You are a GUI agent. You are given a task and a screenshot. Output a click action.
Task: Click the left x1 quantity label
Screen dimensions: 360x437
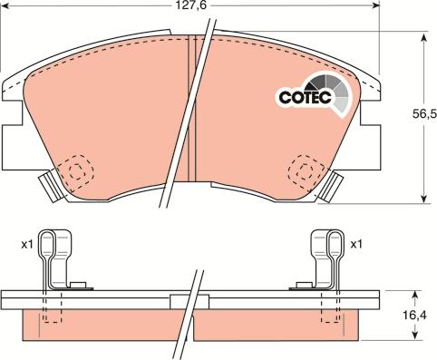point(27,243)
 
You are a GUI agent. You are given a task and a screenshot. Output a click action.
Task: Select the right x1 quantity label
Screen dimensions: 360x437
point(356,243)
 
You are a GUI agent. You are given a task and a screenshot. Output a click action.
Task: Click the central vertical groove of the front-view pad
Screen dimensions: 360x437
point(191,113)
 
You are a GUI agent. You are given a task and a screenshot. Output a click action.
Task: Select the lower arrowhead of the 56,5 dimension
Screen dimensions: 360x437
point(424,199)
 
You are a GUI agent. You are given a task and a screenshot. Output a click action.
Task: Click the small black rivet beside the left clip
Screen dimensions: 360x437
point(80,287)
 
